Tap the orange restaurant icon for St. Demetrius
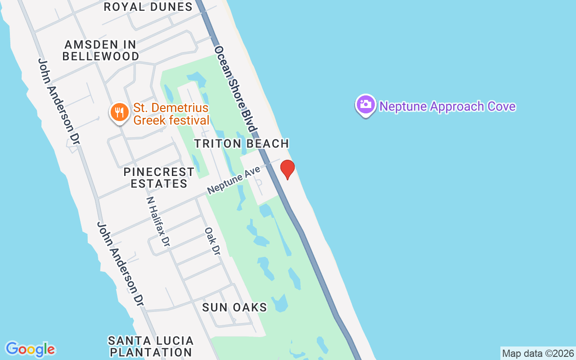pos(119,112)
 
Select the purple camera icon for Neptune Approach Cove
pos(366,105)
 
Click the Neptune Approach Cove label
pos(447,107)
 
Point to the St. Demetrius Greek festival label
pos(171,114)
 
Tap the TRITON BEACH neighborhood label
pos(241,144)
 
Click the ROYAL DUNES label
pos(148,7)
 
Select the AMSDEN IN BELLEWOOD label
pos(101,50)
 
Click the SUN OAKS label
pos(234,307)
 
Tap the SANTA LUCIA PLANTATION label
pos(151,346)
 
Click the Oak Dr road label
pos(212,241)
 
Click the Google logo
pos(30,349)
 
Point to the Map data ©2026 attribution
pos(538,353)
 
